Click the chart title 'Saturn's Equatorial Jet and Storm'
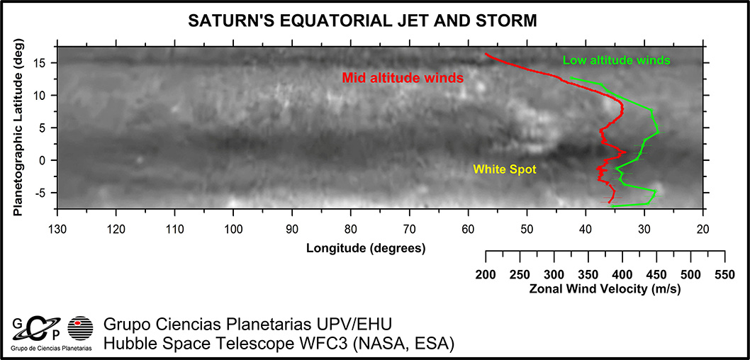pos(362,21)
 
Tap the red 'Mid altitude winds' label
pos(403,77)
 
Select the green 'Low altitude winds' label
pos(616,60)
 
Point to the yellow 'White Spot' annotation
pos(505,169)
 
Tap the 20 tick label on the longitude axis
pos(703,229)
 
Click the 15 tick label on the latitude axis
pos(41,63)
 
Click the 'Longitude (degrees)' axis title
pos(366,248)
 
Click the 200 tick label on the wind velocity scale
pos(486,275)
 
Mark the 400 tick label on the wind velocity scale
pos(622,275)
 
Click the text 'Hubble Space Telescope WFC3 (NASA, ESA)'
pos(279,344)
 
